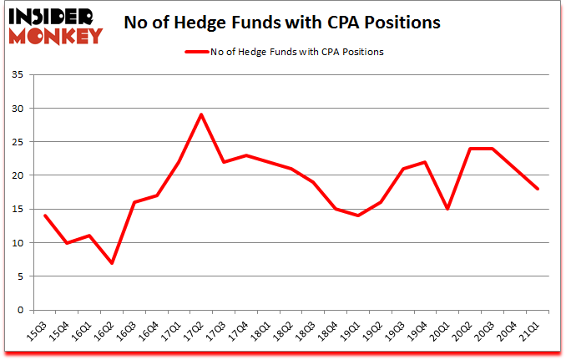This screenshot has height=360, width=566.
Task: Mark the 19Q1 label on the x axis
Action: (354, 329)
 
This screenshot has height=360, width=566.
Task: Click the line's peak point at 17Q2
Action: (201, 114)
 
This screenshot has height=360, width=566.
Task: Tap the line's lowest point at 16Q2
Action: (111, 262)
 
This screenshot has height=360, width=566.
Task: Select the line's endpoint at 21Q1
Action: (538, 189)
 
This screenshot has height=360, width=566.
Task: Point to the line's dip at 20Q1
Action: (448, 209)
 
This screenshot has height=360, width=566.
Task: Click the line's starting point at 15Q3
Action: (44, 215)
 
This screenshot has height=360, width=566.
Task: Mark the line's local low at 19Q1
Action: (358, 215)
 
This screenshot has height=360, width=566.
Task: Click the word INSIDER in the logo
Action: (53, 16)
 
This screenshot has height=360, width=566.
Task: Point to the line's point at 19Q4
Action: (426, 162)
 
